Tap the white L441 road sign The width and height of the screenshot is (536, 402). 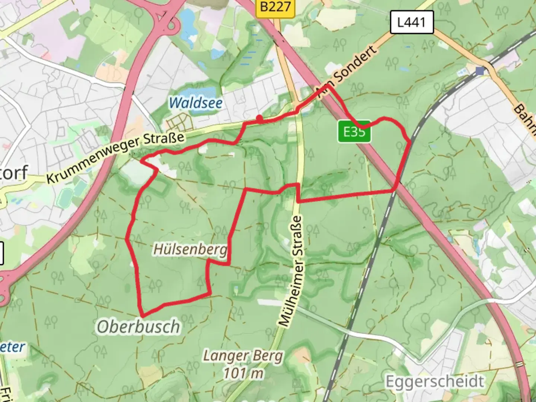point(411,22)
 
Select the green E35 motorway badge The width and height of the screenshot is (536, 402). point(354,131)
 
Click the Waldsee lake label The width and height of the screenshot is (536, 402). point(196,103)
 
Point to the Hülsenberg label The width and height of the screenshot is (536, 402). point(190,249)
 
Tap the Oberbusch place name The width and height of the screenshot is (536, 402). point(138,327)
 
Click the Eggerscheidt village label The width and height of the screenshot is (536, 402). point(435,382)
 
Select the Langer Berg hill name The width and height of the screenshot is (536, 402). point(243,356)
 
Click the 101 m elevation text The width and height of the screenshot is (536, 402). point(243,373)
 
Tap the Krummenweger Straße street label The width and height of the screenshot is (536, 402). point(115,157)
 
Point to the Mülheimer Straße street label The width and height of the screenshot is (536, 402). point(293,272)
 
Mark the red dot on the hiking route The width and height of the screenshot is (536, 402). point(259,118)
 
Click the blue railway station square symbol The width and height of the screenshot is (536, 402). point(481,71)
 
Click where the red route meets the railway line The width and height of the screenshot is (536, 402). point(395,191)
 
